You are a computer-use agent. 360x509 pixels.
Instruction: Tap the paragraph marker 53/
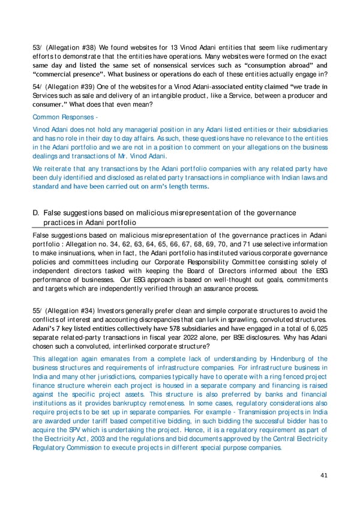(x=37, y=47)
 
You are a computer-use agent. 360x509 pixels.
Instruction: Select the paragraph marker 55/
(x=37, y=310)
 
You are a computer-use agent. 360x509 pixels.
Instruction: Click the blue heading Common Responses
(x=60, y=118)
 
